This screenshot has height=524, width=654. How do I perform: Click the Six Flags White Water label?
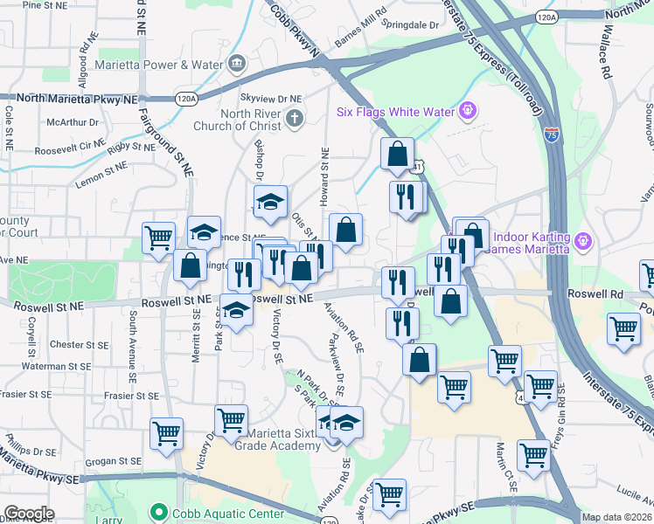point(395,112)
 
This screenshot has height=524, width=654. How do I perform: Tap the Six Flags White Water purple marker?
point(469,111)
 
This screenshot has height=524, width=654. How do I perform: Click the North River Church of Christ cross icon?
point(295,118)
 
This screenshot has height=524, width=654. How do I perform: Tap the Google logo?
point(29,514)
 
